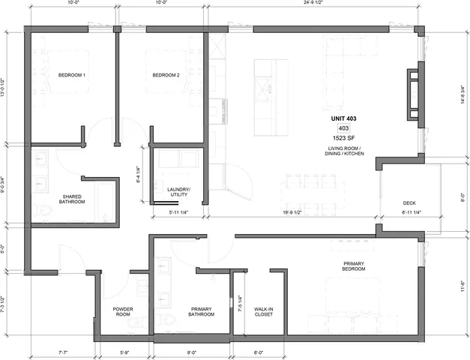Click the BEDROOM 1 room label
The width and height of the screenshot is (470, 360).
coord(72,75)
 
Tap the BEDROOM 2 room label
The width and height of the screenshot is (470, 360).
coord(166,75)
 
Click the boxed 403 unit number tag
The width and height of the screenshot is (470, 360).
coord(344,129)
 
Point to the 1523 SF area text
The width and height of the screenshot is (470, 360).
coord(344,139)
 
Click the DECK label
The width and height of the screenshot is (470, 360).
coord(409,202)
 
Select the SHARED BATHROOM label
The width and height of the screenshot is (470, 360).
coord(73,199)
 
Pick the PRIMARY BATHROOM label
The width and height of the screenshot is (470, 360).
coord(202,311)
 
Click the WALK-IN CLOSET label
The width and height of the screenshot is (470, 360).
coord(263,311)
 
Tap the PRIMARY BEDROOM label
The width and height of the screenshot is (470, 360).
coord(353,266)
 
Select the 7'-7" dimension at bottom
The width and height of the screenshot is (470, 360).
coord(61,352)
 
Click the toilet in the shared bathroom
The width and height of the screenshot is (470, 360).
coord(43,213)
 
